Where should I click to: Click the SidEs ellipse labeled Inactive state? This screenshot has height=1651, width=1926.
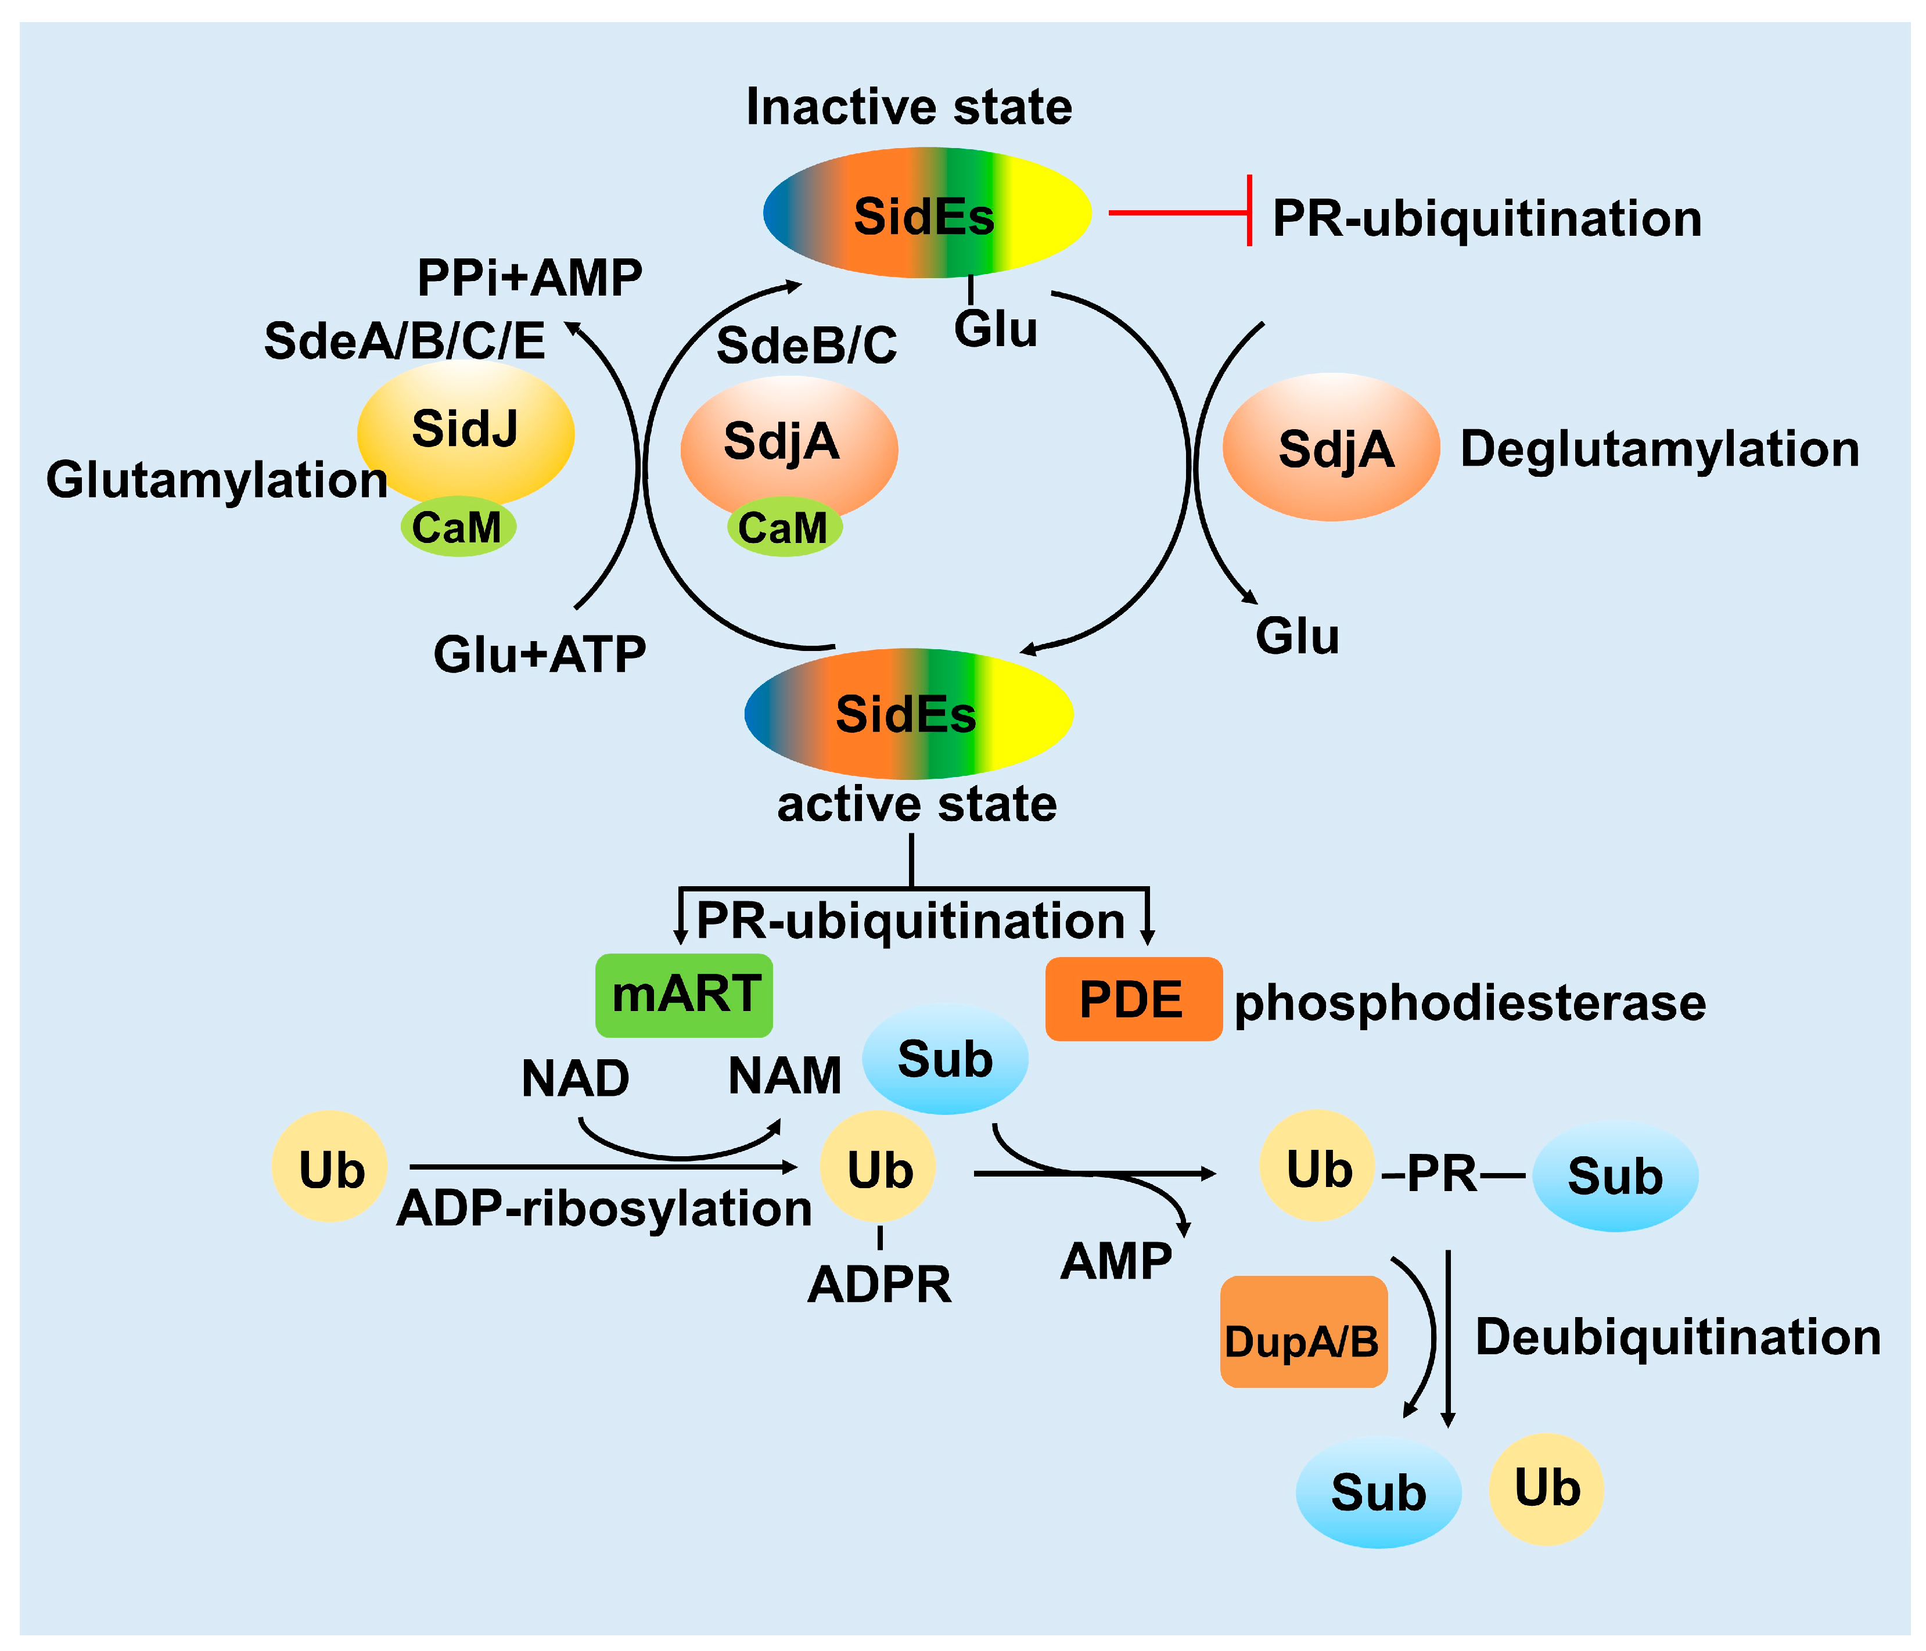[927, 213]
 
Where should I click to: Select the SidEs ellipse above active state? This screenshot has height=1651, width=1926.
[908, 713]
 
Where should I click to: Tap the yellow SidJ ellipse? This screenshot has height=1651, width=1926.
[465, 430]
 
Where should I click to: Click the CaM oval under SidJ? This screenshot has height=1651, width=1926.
[457, 527]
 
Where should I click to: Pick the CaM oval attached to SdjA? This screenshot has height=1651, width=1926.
[784, 527]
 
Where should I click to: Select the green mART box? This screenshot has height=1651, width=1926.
[684, 995]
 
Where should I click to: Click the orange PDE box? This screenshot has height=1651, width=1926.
[1132, 999]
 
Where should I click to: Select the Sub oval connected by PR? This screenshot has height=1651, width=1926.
[1615, 1176]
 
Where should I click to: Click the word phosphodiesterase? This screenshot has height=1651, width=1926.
[1469, 1003]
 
